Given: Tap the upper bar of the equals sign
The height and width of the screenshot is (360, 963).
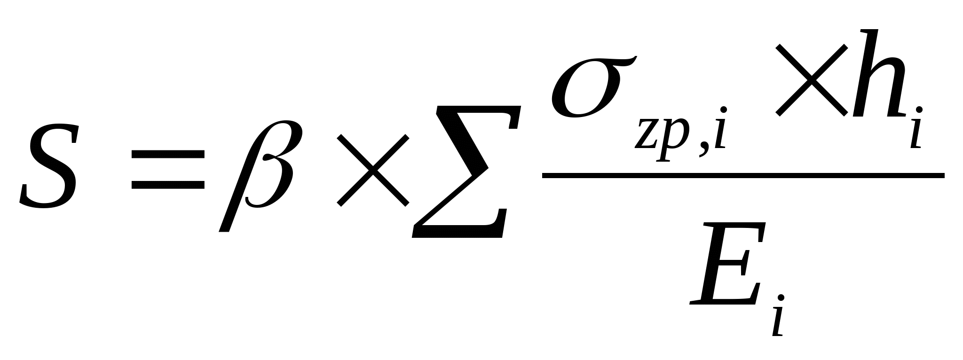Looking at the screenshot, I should click(x=168, y=155).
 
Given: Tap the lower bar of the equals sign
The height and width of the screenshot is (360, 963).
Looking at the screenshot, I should click(x=168, y=184).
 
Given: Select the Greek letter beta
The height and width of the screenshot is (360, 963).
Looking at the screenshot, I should click(x=260, y=174).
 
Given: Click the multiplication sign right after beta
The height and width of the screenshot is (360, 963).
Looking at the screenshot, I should click(x=373, y=170).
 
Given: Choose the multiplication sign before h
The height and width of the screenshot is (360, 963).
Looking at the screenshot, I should click(x=812, y=80).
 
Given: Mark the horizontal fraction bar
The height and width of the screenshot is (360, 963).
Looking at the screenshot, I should click(x=743, y=176).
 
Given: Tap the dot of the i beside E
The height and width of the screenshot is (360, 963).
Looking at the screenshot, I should click(x=781, y=297).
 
